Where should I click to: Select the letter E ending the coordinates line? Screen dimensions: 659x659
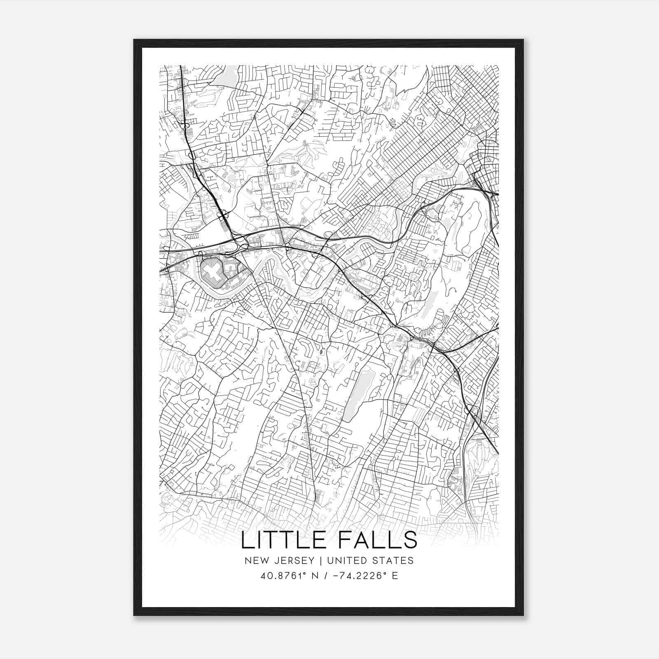395,575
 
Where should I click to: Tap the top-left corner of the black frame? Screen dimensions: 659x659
135,40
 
